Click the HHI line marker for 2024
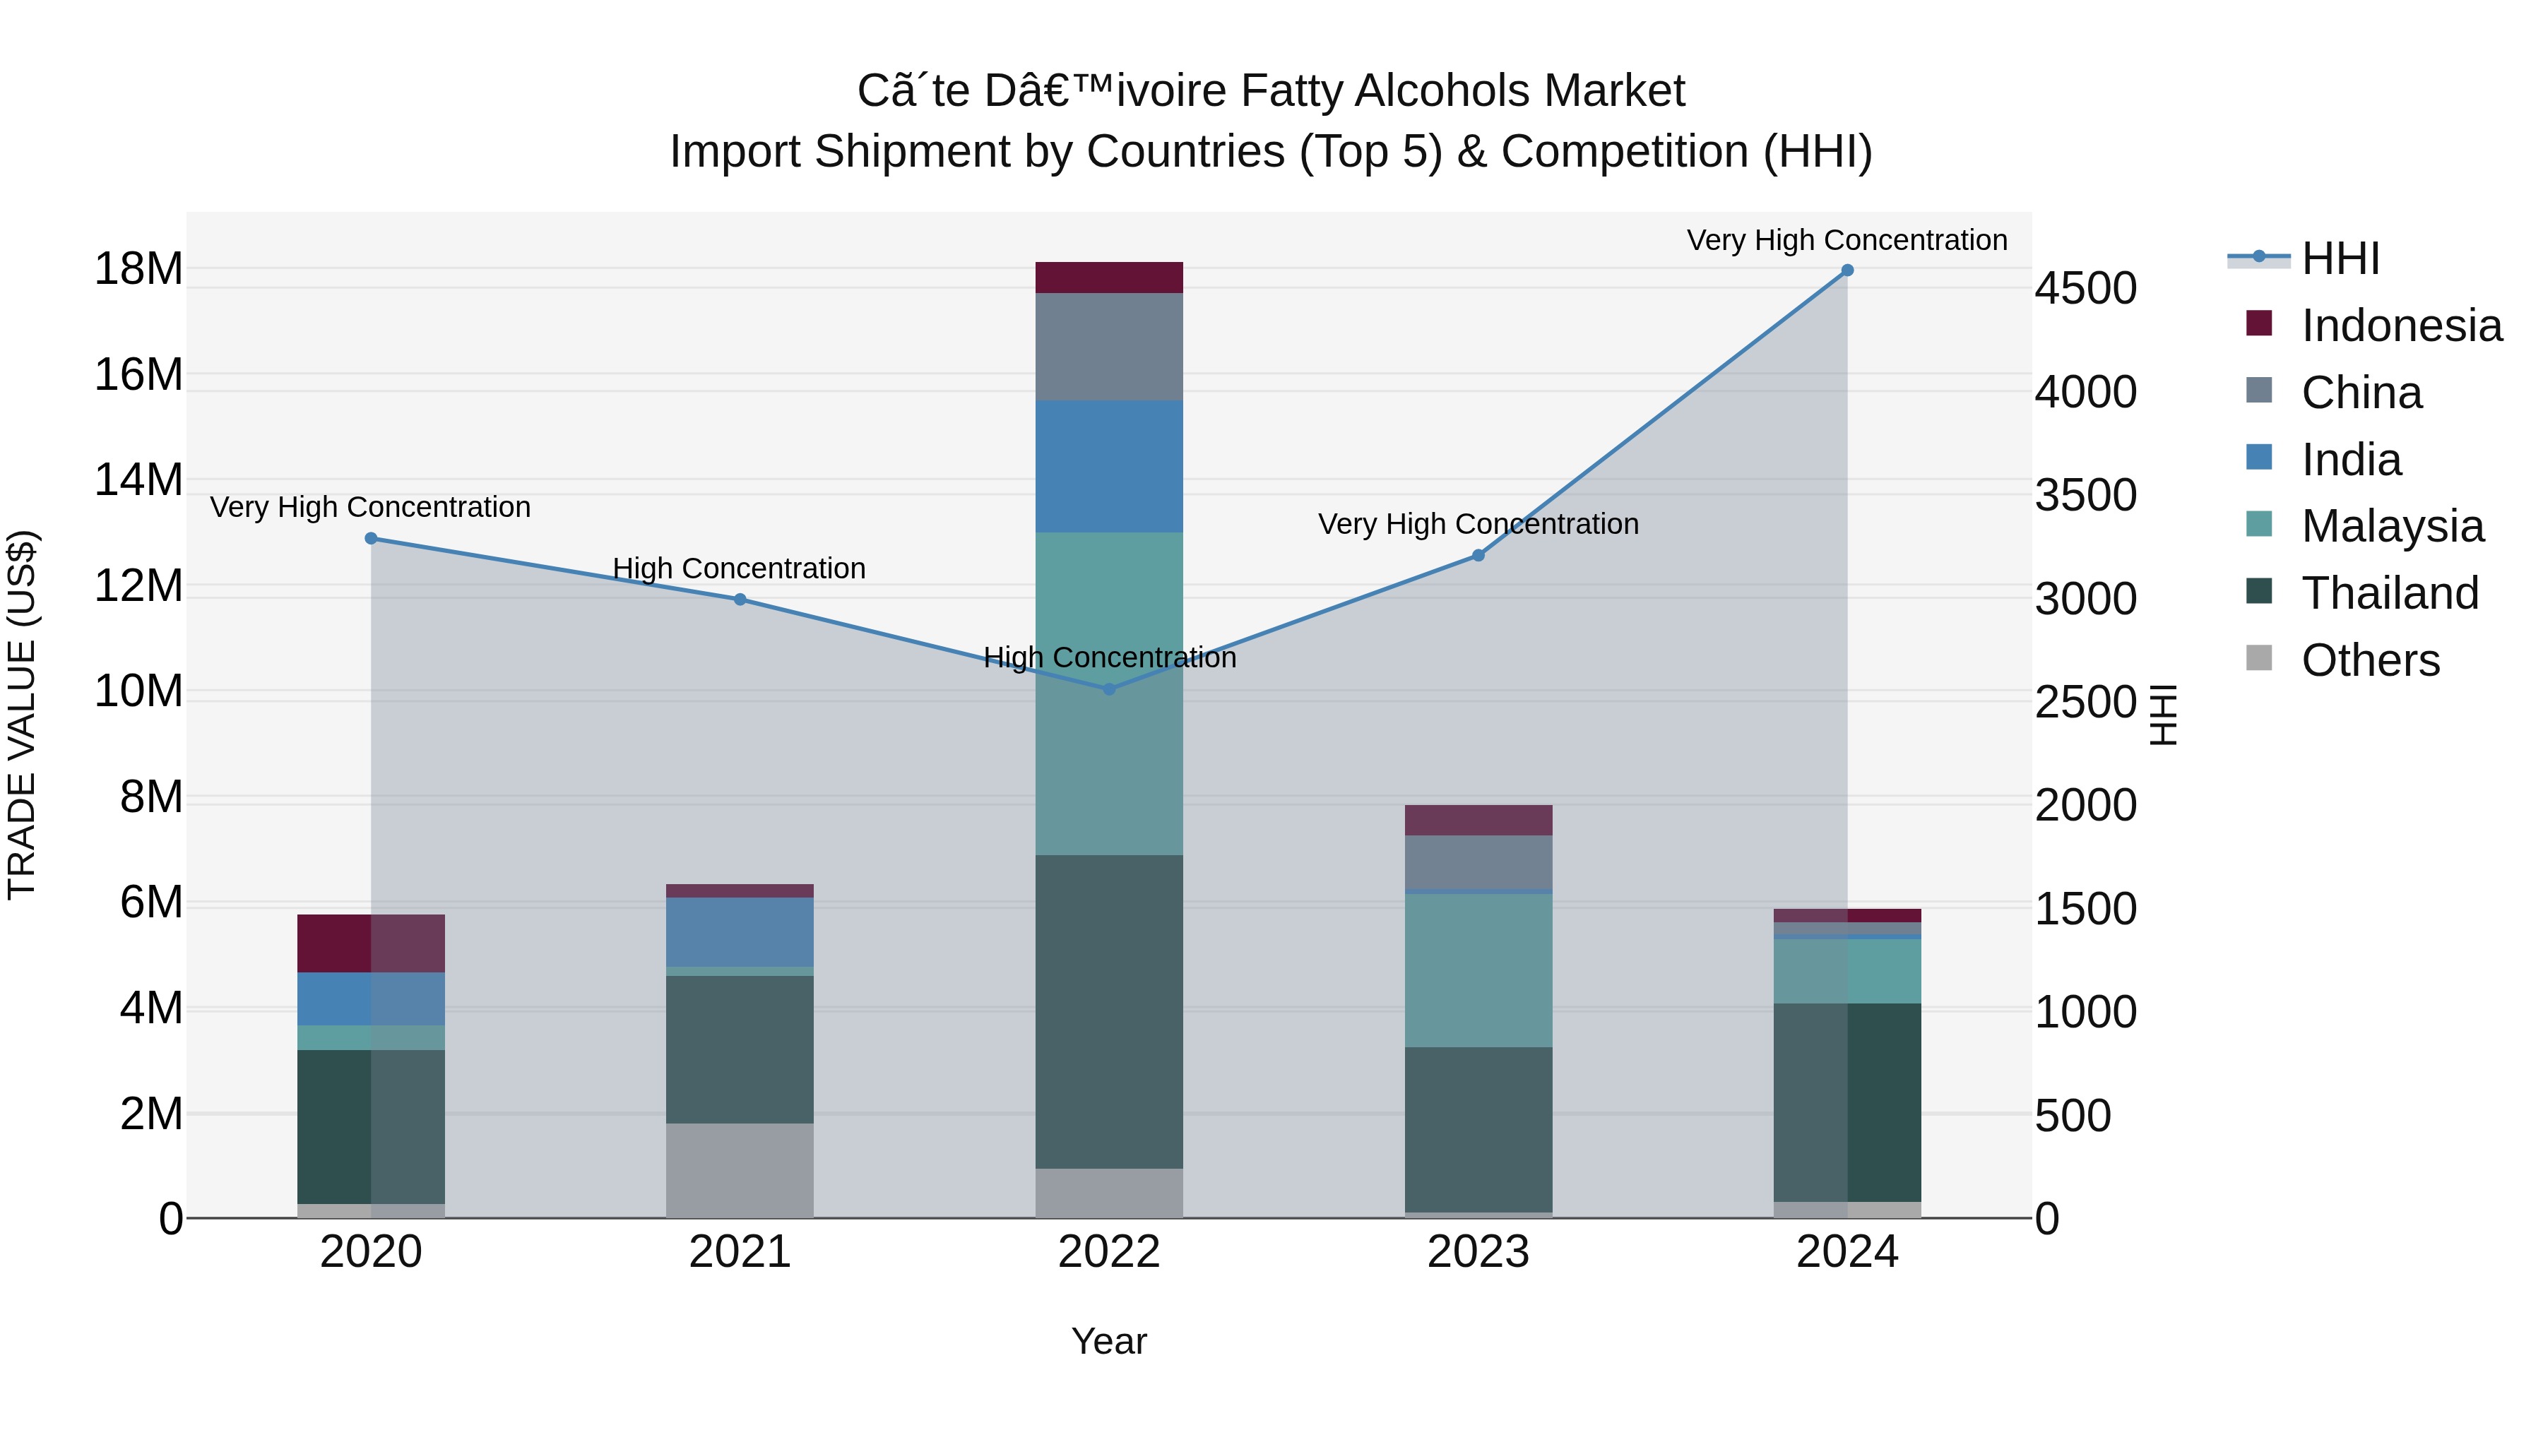1847,270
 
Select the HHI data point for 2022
1108,689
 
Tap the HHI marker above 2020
371,538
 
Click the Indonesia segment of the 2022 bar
1108,278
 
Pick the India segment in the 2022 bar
1108,466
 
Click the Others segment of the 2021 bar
740,1169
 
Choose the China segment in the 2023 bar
1478,862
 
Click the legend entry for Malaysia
2391,526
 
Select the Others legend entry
2369,660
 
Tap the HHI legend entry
2340,258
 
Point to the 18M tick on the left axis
138,268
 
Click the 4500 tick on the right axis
2085,288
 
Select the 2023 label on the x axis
1478,1252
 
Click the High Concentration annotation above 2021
740,568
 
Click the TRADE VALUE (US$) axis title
22,715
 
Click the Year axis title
1108,1341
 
